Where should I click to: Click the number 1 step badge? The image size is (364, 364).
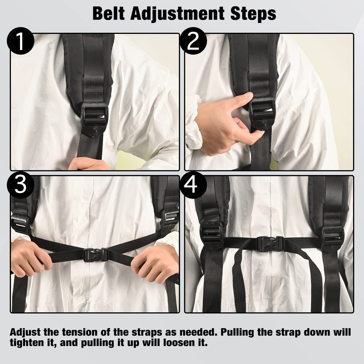20,42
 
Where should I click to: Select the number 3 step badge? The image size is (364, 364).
20,185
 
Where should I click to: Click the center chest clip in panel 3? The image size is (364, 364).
95,254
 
